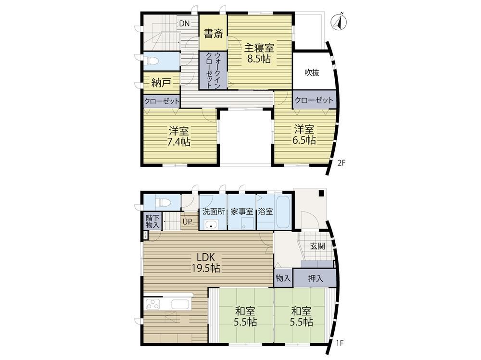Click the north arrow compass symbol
(x=339, y=22)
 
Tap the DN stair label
(x=184, y=23)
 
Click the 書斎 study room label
(x=213, y=33)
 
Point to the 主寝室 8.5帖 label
(x=259, y=53)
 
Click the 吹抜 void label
(x=312, y=73)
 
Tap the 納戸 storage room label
(x=161, y=83)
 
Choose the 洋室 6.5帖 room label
(x=304, y=134)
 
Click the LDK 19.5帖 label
(x=206, y=262)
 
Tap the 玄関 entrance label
(x=317, y=246)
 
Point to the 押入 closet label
(x=316, y=278)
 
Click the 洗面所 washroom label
(x=214, y=211)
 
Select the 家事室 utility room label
(x=242, y=211)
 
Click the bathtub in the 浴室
(x=283, y=212)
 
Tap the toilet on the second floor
(x=152, y=61)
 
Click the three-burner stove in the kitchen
(x=153, y=305)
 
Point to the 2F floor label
(x=342, y=163)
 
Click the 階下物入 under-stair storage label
(x=153, y=222)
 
